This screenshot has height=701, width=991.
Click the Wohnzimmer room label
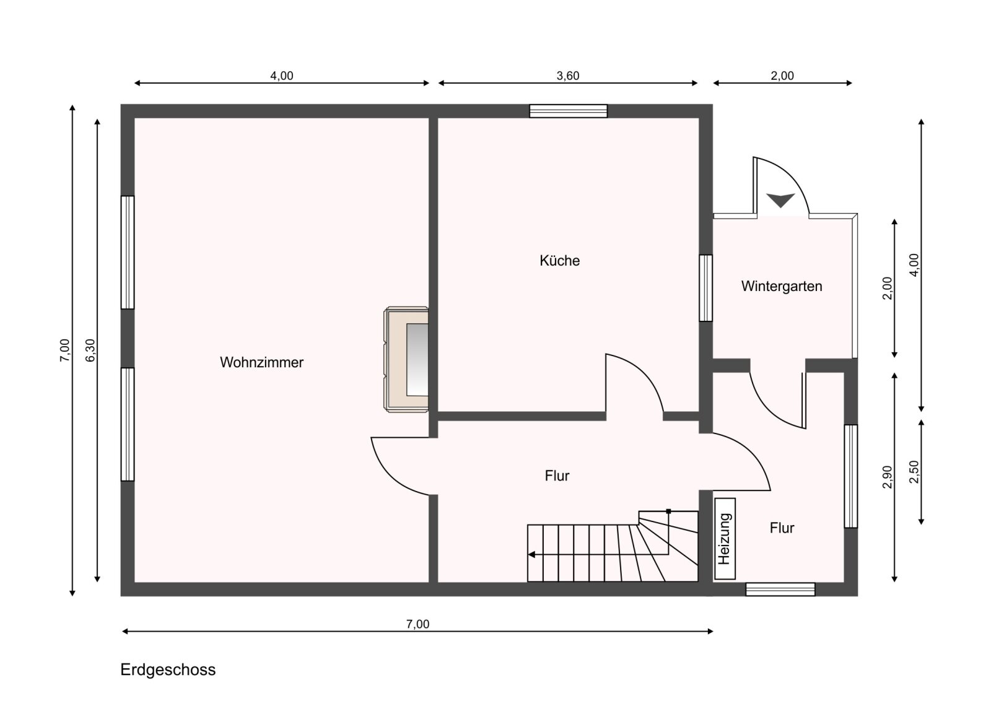(x=261, y=363)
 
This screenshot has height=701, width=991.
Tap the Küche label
(x=559, y=261)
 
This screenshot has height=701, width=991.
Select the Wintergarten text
(x=781, y=286)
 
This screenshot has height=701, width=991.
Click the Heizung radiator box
(x=725, y=539)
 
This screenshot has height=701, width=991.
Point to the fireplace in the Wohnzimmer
(x=406, y=360)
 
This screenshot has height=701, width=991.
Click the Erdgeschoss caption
(x=168, y=669)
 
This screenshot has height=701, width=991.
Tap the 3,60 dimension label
(x=567, y=76)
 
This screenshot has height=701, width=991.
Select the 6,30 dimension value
(x=90, y=350)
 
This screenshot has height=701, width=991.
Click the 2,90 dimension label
(x=888, y=477)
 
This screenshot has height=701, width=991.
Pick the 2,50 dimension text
(x=914, y=472)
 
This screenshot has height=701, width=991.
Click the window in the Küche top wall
(x=569, y=111)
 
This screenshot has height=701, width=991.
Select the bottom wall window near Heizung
(x=780, y=589)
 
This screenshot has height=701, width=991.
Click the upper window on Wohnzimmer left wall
(x=128, y=252)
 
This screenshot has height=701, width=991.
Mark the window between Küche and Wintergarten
(x=705, y=288)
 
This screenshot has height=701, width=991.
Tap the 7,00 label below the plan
(x=417, y=624)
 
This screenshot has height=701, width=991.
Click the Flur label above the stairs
(x=557, y=476)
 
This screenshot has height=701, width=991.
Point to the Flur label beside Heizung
(x=782, y=528)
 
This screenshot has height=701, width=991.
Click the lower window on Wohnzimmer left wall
(x=128, y=424)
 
